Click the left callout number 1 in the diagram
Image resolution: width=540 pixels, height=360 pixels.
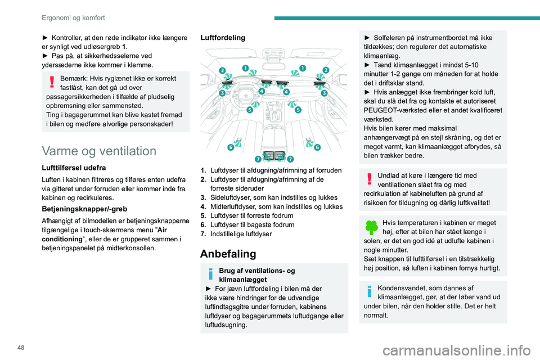click(x=246, y=68)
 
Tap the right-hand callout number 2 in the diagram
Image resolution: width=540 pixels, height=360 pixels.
click(x=326, y=70)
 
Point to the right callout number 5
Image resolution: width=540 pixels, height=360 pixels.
click(x=298, y=110)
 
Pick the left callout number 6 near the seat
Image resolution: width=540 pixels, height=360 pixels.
click(x=231, y=147)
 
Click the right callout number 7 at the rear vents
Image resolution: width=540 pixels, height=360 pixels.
click(x=291, y=160)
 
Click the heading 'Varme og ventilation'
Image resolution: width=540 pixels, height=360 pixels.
click(x=98, y=151)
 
